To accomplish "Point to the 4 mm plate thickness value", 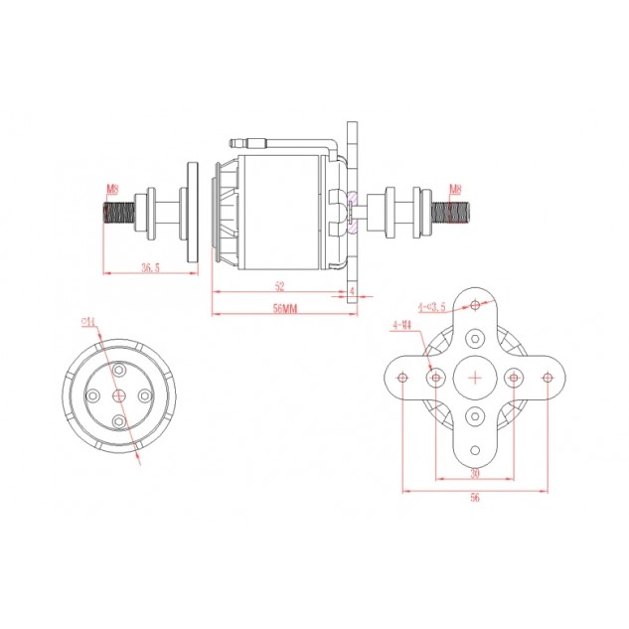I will point(353,289).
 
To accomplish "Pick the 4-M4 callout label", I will point(401,324).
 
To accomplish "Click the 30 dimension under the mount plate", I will point(475,473).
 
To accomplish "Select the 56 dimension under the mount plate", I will point(475,498).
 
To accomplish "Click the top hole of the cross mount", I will point(475,304).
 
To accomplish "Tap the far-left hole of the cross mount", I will point(402,378).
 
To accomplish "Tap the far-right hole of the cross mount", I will point(548,378).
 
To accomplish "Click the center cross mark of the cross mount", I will point(475,378).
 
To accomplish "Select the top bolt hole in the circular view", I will point(119,370).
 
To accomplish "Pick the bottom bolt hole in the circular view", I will point(119,421).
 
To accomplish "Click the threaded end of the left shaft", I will point(117,213).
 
